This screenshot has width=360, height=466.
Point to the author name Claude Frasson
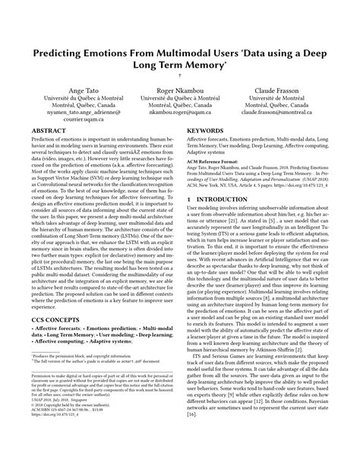point(287,90)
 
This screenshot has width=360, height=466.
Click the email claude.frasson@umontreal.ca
point(287,112)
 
